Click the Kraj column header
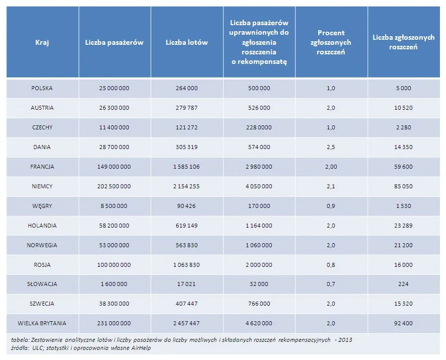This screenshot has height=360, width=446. click(42, 42)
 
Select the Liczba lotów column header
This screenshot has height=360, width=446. click(186, 42)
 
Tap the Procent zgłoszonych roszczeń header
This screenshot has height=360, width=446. click(331, 42)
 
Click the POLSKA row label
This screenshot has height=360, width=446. click(42, 88)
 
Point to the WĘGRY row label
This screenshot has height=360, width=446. click(42, 206)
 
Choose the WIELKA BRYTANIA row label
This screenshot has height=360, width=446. click(42, 323)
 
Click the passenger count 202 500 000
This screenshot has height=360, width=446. click(114, 186)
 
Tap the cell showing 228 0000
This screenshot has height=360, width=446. click(259, 127)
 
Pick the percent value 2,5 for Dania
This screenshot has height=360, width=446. click(331, 147)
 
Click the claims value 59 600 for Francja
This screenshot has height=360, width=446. click(403, 167)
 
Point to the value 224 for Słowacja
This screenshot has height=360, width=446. click(403, 284)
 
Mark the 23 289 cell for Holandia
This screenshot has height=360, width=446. click(403, 226)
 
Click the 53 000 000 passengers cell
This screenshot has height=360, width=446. click(114, 245)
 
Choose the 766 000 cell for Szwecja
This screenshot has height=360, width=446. click(259, 304)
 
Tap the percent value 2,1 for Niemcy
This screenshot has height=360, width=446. click(331, 186)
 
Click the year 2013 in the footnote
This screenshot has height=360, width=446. click(345, 340)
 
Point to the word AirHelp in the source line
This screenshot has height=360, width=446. click(140, 348)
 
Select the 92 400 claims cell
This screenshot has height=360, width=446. click(403, 323)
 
